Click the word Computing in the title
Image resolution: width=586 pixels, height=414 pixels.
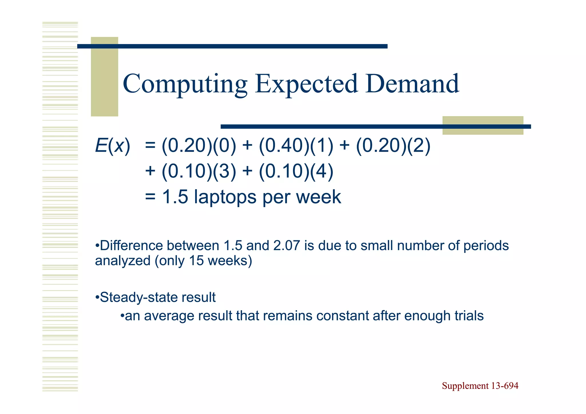(185, 84)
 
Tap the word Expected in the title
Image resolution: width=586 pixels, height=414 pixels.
(306, 84)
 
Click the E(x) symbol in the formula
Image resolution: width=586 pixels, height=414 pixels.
(112, 146)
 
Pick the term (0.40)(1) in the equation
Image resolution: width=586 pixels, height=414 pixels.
(296, 146)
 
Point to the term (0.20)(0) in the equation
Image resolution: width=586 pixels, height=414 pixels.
(199, 146)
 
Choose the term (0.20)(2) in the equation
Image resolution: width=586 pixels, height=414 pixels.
(393, 146)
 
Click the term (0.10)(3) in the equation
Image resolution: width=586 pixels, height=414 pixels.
(199, 171)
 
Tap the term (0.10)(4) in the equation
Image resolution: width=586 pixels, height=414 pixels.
(296, 171)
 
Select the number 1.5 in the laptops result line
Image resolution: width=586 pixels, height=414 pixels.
(175, 197)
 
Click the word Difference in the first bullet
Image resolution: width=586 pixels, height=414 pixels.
(131, 246)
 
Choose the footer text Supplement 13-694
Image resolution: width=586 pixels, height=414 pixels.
(480, 386)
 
